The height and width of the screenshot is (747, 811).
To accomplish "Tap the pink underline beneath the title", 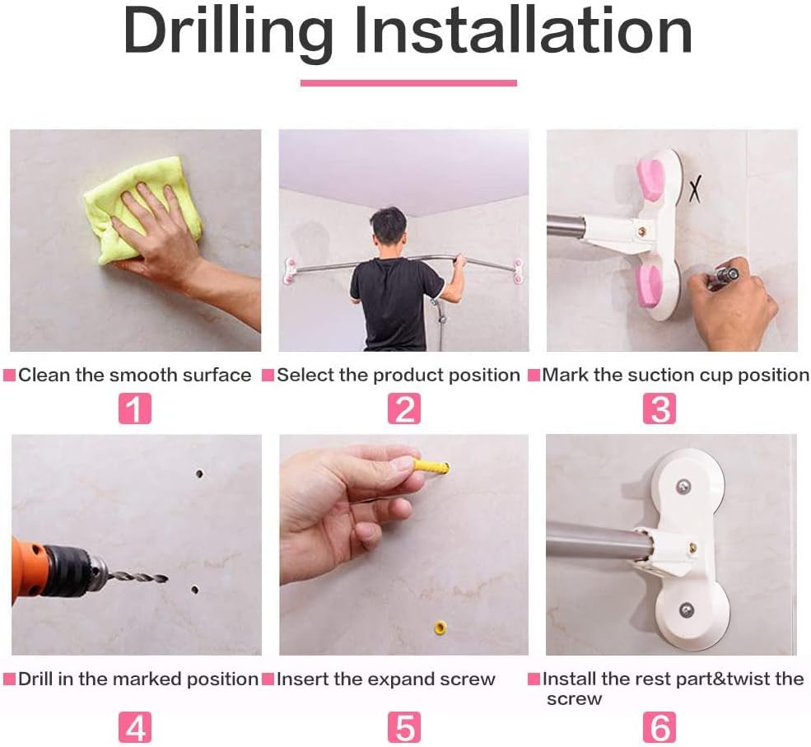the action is (408, 82).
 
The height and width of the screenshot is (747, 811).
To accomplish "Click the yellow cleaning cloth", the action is (142, 209).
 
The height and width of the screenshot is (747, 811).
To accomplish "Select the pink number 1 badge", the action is (135, 409).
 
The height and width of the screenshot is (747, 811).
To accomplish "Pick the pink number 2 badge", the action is (404, 409).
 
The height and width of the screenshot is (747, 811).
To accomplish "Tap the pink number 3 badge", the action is (660, 409).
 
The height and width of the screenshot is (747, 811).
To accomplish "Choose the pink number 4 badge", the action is (135, 727).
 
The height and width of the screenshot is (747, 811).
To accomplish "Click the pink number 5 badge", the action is (404, 727).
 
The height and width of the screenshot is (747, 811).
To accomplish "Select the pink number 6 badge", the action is (660, 727).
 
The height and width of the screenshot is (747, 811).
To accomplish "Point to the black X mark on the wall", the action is (696, 189).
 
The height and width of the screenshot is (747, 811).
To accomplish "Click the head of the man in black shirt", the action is (389, 228).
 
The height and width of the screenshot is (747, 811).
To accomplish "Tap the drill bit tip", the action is (166, 579).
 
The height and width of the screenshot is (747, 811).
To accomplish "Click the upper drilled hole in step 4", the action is (199, 474).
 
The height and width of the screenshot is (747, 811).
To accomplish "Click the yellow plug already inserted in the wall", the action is (440, 628).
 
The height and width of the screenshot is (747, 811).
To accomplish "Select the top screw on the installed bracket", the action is (683, 485).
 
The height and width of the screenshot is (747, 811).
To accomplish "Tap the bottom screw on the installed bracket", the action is (686, 610).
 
